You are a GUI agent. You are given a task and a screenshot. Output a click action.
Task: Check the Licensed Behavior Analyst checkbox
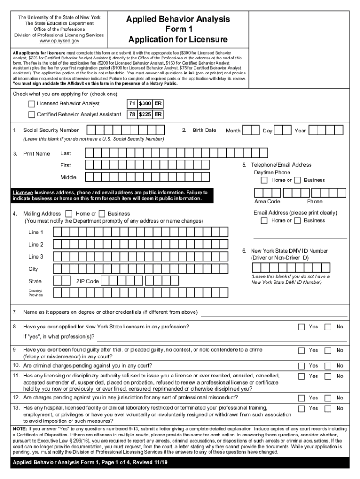(31, 103)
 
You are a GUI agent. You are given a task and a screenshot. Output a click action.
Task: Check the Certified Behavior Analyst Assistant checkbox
(31, 115)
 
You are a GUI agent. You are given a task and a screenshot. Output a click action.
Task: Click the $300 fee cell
(144, 103)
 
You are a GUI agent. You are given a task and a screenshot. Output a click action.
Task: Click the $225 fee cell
(144, 115)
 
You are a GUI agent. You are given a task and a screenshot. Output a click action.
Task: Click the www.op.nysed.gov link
(59, 41)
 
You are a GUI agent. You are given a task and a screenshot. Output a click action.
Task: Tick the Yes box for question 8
(302, 327)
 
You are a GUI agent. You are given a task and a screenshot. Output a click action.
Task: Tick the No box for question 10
(328, 365)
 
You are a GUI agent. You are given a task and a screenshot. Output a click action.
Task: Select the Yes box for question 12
(302, 398)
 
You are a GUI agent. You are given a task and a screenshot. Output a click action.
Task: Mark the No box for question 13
(328, 408)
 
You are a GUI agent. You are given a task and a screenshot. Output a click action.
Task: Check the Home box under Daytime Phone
(265, 180)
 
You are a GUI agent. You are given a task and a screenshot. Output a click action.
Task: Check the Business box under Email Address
(297, 221)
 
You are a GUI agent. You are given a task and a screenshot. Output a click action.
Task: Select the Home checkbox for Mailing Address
(69, 214)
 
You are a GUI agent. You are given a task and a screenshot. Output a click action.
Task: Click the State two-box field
(61, 281)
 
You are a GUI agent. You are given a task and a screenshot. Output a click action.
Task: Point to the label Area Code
(267, 202)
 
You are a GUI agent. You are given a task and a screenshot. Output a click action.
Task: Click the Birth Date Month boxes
(251, 131)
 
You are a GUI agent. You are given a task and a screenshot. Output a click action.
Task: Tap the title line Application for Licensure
(178, 39)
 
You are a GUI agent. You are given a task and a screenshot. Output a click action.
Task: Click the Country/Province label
(36, 293)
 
